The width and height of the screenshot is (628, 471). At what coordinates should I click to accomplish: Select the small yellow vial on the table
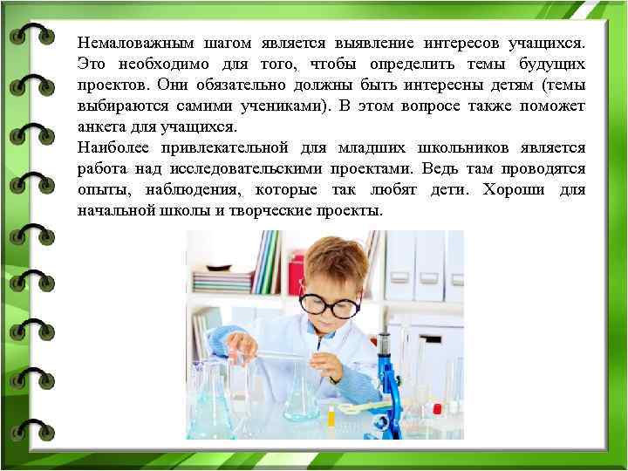pos(331,416)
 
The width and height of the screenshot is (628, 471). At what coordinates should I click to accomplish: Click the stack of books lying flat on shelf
pos(222,281)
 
